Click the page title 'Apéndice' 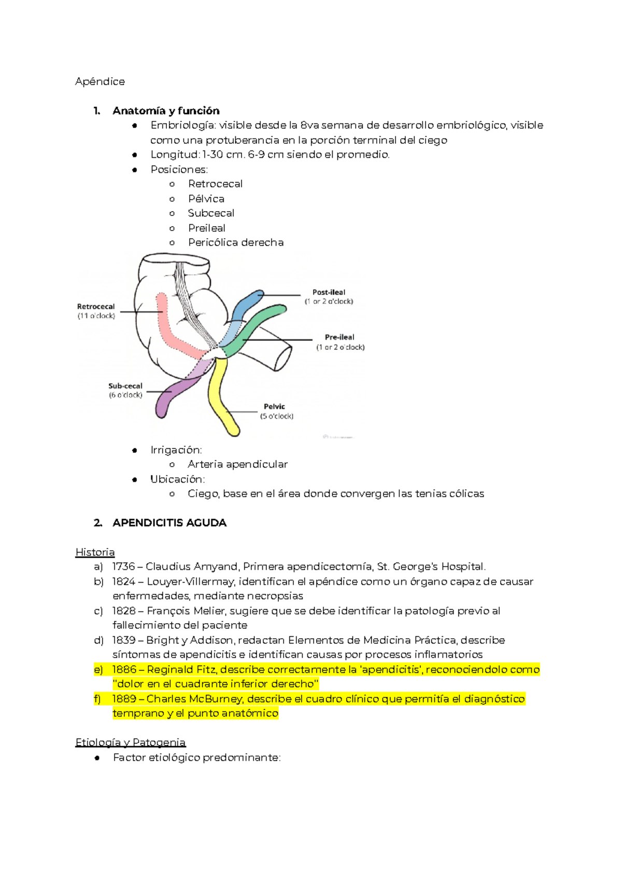(x=100, y=81)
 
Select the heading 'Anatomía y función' (x=166, y=111)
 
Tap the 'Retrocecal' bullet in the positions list (x=215, y=184)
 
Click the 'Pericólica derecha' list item (x=236, y=242)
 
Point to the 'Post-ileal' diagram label (x=329, y=292)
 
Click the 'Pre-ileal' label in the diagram (x=340, y=337)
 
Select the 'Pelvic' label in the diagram (x=274, y=407)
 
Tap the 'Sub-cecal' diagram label (x=125, y=386)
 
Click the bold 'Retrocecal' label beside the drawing (x=96, y=307)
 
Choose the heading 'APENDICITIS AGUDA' (x=169, y=523)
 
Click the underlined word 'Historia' (x=95, y=552)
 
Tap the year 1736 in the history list (x=123, y=567)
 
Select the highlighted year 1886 (x=124, y=669)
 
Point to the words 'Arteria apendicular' (x=237, y=464)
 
